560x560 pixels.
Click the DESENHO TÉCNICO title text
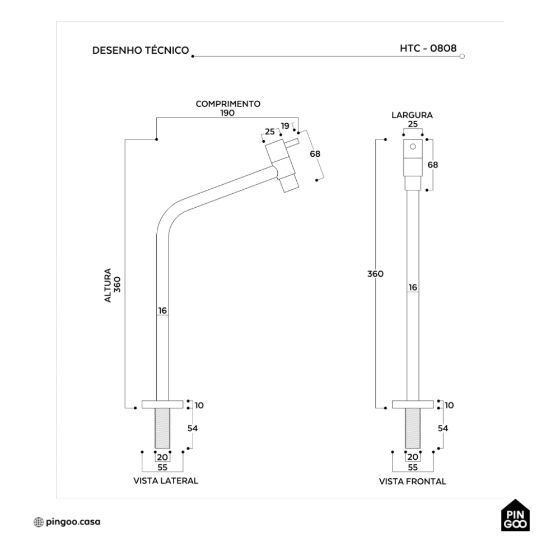[x=140, y=50]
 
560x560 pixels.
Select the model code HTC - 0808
[x=427, y=48]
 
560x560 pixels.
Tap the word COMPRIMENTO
[x=227, y=104]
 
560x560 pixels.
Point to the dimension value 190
[x=227, y=112]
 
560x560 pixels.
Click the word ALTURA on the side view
[x=108, y=286]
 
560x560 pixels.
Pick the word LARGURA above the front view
[x=412, y=115]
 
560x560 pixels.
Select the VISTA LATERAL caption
[x=165, y=480]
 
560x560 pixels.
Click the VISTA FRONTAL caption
[x=413, y=481]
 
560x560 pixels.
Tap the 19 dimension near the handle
[x=285, y=126]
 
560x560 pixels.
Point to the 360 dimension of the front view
[x=374, y=274]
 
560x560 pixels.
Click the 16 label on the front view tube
[x=413, y=287]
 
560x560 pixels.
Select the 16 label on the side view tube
[x=162, y=310]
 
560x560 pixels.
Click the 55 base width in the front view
[x=413, y=467]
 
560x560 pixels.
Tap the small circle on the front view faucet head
[x=413, y=147]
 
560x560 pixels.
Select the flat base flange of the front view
[x=413, y=404]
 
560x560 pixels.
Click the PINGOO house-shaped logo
[x=516, y=516]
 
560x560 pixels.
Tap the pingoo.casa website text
[x=73, y=522]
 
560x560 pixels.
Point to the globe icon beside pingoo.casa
[x=38, y=522]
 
